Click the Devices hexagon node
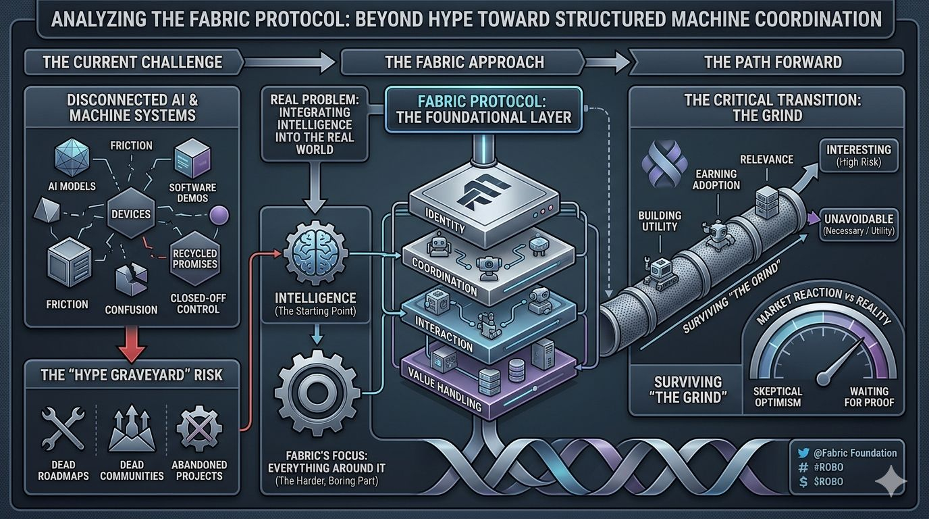coord(131,214)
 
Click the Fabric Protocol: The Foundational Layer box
coord(484,108)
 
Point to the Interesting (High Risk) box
coord(858,155)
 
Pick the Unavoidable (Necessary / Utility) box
coord(858,224)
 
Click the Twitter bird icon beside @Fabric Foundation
coord(803,453)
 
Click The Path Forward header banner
coord(772,63)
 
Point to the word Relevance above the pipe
coord(766,159)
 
